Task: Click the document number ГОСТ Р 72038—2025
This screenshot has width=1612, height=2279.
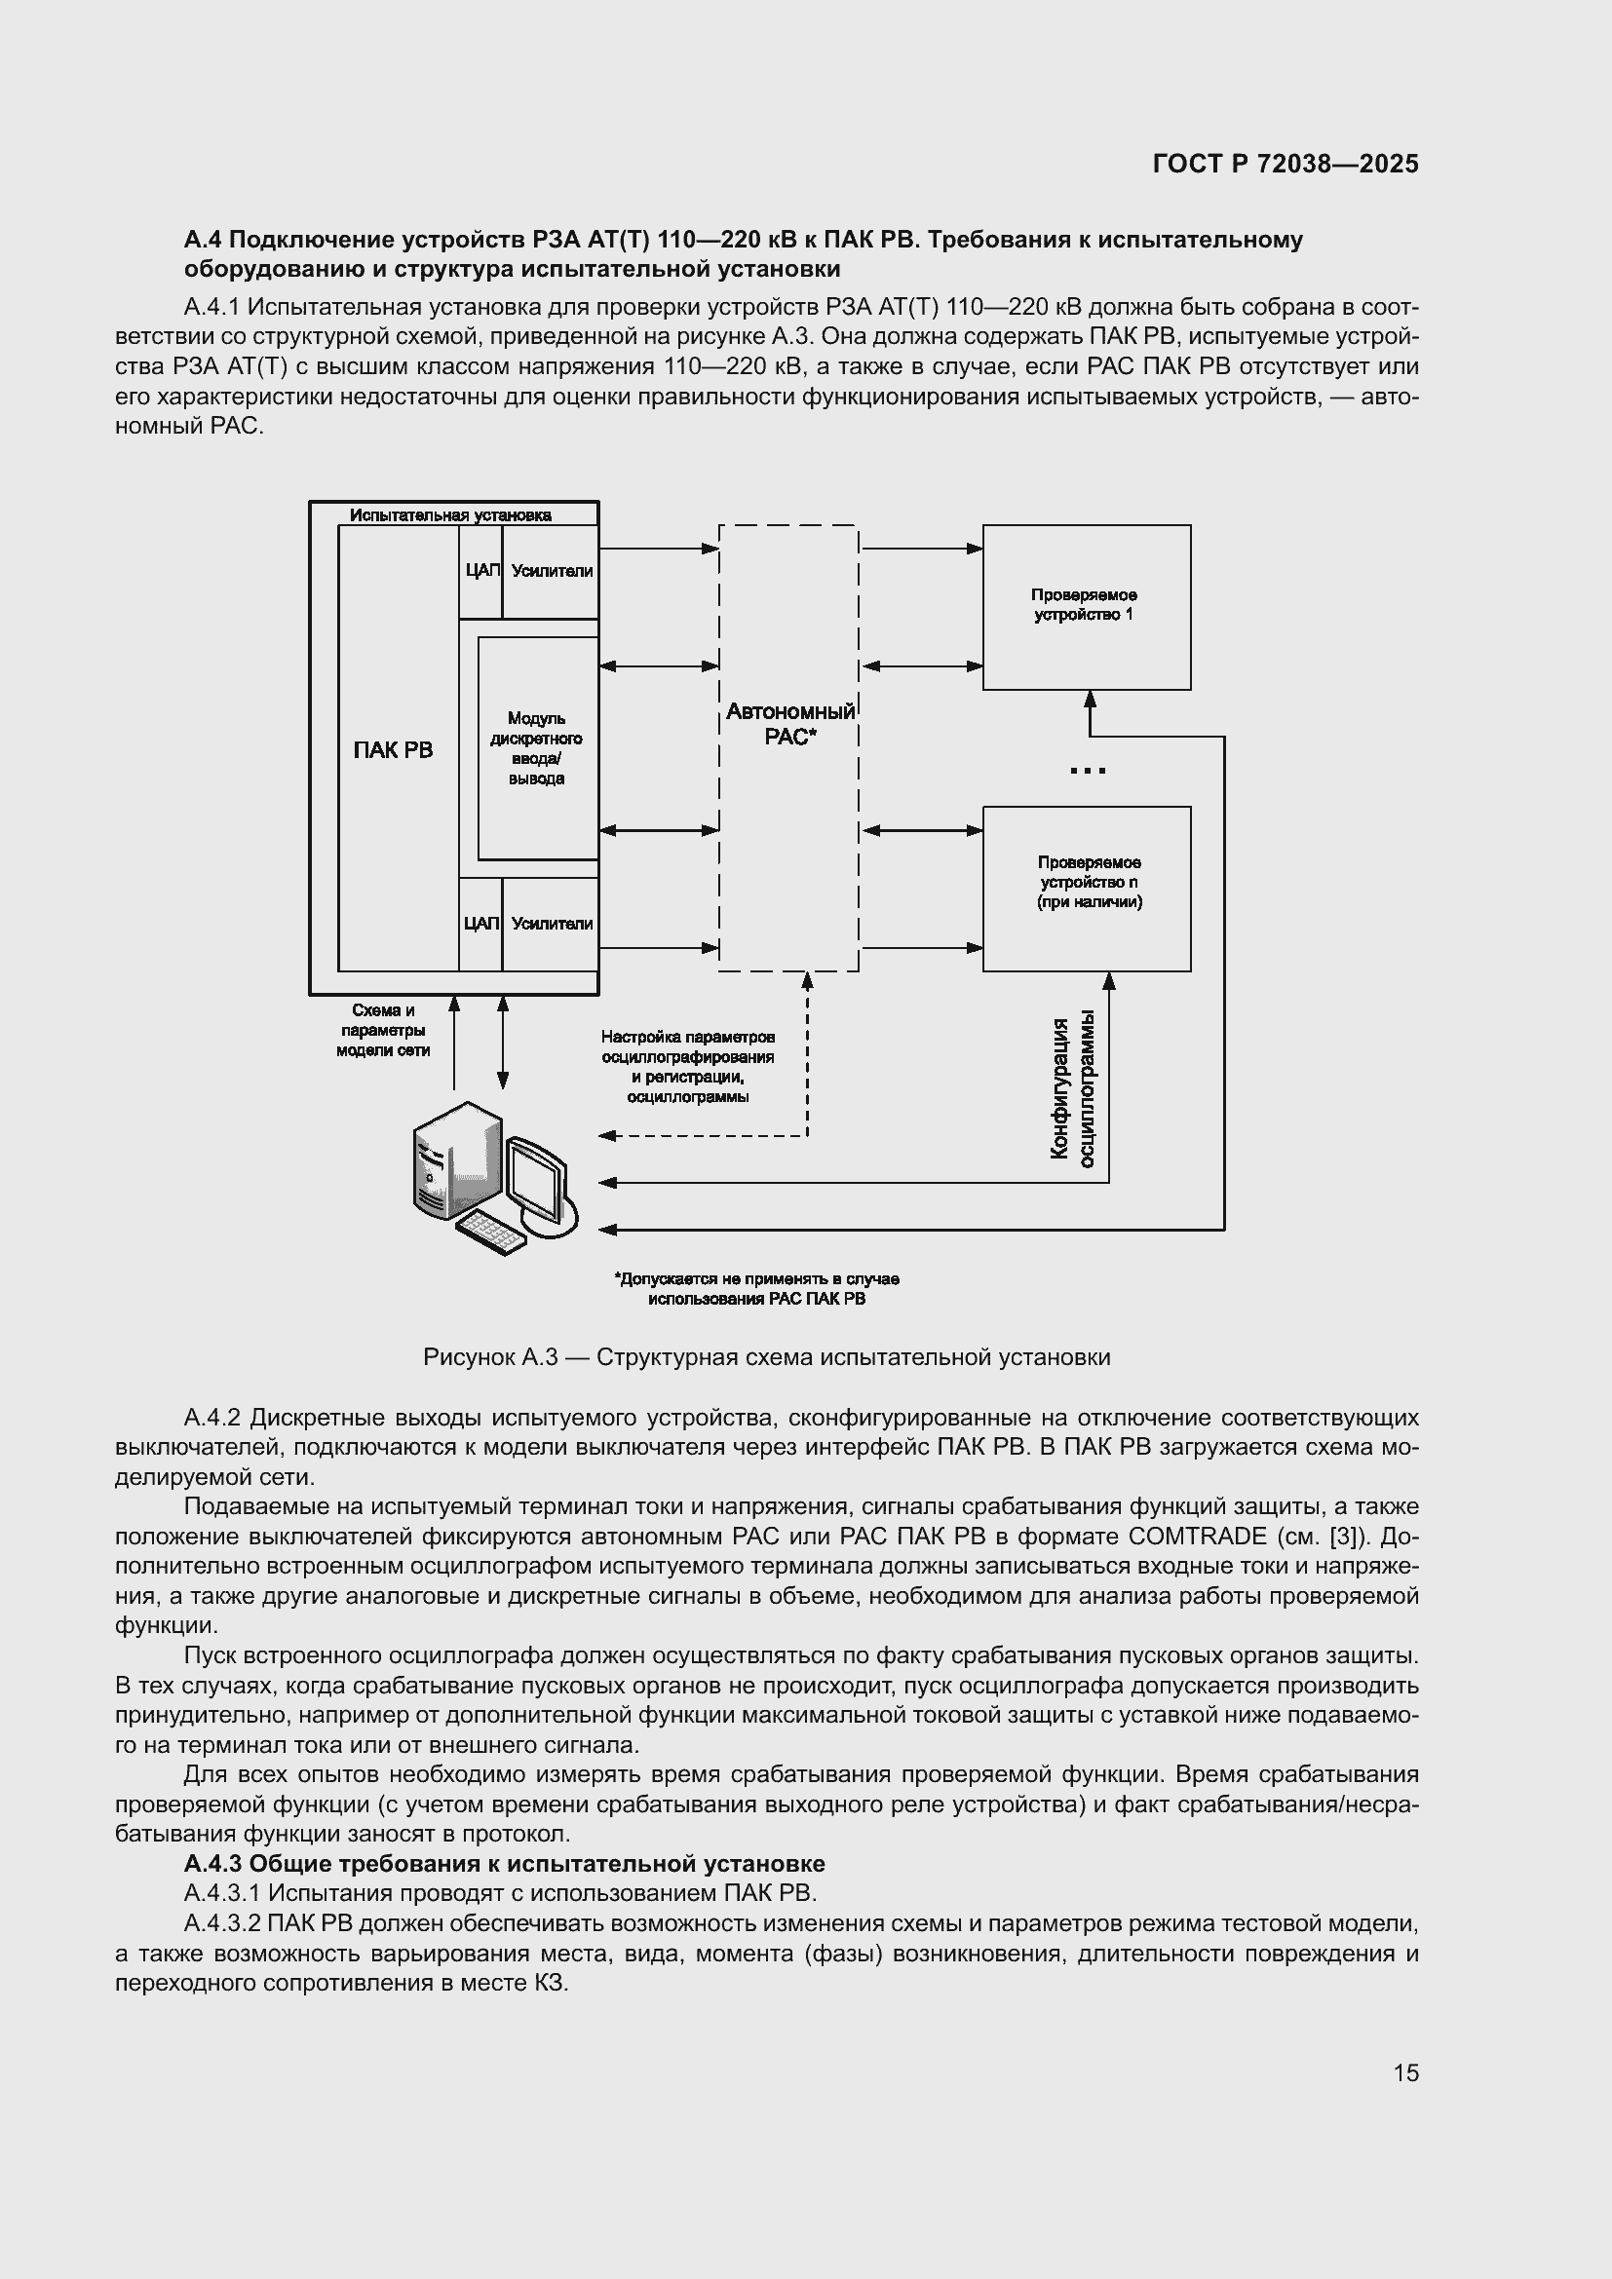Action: pos(1286,164)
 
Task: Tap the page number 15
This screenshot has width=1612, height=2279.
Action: pos(1405,2073)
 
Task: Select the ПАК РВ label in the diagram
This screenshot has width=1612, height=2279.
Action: pos(393,750)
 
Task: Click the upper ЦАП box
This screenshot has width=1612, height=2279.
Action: pos(480,571)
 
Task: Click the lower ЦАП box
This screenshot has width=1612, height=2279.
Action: pos(480,924)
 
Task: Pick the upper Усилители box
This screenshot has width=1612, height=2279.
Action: pos(552,571)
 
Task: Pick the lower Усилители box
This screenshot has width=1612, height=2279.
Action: pos(552,924)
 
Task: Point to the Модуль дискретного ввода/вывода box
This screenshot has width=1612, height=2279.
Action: pos(537,748)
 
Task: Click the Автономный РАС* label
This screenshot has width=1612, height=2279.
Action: pos(790,724)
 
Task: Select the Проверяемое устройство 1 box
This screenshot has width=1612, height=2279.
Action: pos(1086,605)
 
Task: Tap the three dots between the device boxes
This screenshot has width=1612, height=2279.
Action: pos(1088,771)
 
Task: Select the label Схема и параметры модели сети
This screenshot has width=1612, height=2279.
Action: pos(383,1030)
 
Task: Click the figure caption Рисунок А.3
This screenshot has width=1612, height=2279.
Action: pos(766,1357)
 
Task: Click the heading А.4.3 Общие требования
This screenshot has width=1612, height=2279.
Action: pos(504,1863)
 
